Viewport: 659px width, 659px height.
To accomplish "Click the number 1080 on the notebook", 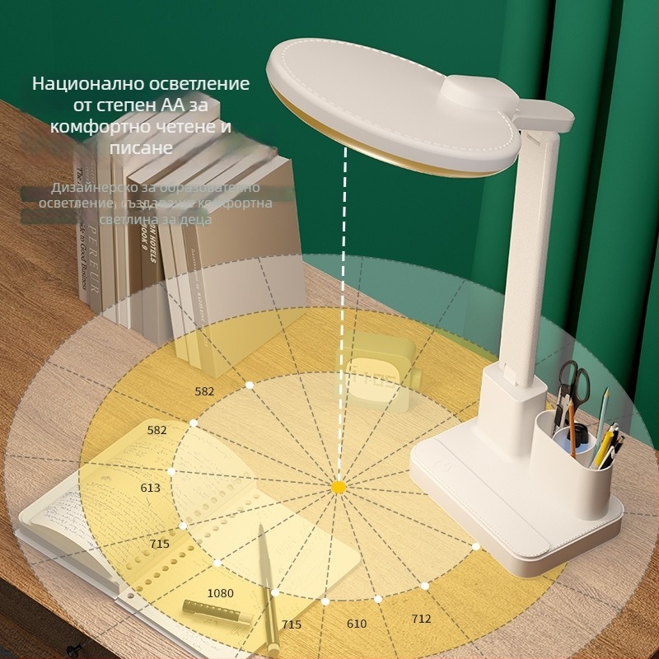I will (x=220, y=593).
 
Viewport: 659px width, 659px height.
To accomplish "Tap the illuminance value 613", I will (x=151, y=488).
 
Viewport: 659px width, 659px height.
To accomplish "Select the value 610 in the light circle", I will (x=357, y=624).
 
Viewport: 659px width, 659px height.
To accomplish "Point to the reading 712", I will (x=421, y=619).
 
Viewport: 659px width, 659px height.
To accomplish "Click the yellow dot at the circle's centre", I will (x=338, y=488).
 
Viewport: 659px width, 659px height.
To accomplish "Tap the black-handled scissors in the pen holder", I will (x=573, y=387).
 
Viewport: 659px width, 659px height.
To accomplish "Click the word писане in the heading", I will (x=141, y=147).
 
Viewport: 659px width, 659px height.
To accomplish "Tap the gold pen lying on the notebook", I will (x=267, y=568).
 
